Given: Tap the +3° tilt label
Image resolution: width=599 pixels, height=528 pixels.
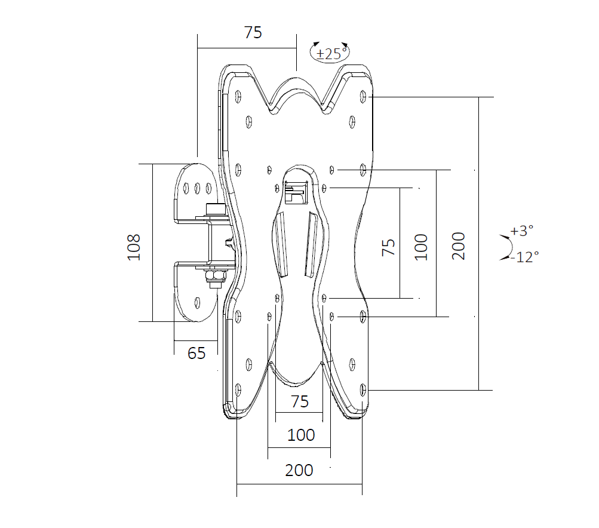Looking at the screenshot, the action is pos(522,231).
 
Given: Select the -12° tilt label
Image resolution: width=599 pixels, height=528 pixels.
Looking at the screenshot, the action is pos(526,257).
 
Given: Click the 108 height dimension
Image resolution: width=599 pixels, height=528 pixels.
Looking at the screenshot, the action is pos(134,247).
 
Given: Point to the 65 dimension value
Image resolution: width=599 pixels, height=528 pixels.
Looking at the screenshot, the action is pos(196,353).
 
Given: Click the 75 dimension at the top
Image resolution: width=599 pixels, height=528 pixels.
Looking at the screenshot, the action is pos(253,32).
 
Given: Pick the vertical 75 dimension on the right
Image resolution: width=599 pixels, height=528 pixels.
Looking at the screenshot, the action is pos(388,247).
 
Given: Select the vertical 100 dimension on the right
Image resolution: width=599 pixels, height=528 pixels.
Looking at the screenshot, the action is pos(421,247).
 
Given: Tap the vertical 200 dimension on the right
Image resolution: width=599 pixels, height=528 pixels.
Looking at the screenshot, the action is pos(459,246).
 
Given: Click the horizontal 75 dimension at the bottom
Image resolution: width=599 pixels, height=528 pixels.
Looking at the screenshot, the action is pos(300,401).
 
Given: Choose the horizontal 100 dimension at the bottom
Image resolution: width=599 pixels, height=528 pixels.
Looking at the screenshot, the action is pos(301,435).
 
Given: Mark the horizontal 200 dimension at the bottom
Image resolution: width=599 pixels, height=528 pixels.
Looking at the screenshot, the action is pos(299,470).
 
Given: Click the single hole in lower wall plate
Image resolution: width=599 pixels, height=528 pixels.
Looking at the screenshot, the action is pos(197,303).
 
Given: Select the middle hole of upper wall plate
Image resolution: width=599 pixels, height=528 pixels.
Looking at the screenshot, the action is pos(198,188).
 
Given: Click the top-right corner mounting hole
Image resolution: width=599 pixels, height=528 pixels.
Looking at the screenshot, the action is pos(363,96).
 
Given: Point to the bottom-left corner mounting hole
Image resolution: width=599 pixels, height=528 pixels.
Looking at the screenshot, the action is pos(238,389).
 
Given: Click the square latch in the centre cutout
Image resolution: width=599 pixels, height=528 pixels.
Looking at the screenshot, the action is pos(296,192).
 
